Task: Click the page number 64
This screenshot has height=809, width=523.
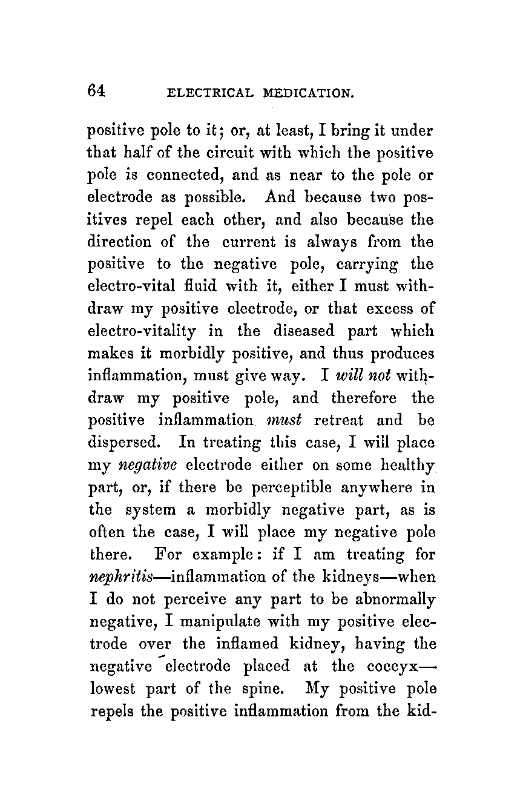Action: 97,91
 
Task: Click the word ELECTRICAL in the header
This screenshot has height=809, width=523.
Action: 209,93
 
